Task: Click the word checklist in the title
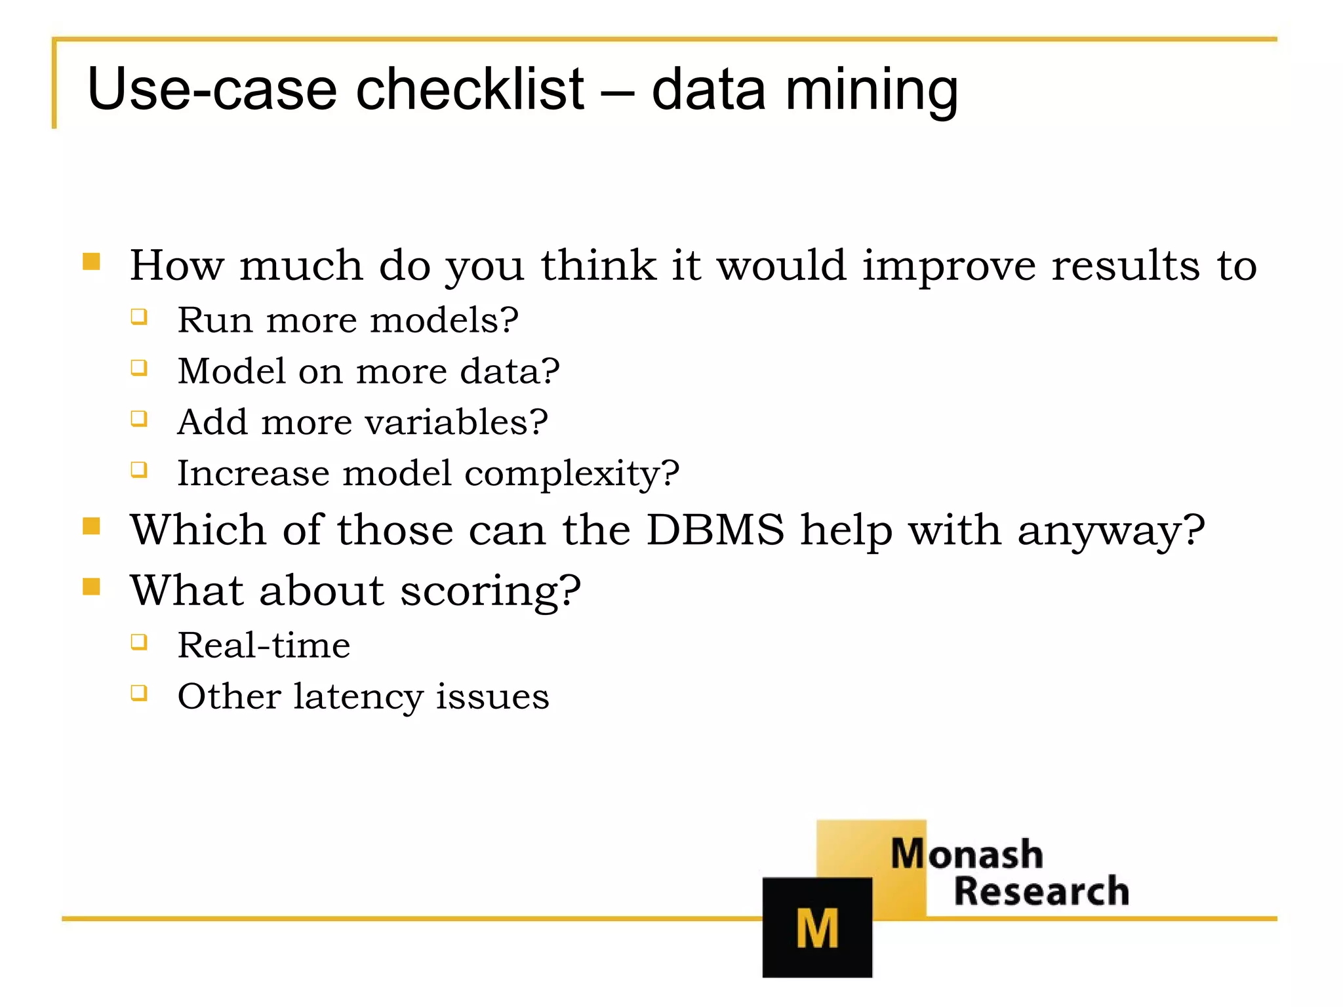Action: pyautogui.click(x=470, y=89)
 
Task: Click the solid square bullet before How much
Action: pyautogui.click(x=91, y=262)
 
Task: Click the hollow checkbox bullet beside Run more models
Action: pyautogui.click(x=138, y=317)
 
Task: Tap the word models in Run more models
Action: pyautogui.click(x=444, y=321)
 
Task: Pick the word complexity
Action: pyautogui.click(x=572, y=474)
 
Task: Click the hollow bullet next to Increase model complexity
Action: pyautogui.click(x=138, y=469)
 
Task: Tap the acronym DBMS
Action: pyautogui.click(x=715, y=530)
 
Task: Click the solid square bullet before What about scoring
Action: pyautogui.click(x=91, y=586)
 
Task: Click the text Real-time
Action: pyautogui.click(x=264, y=645)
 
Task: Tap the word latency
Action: pyautogui.click(x=357, y=697)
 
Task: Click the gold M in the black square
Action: pyautogui.click(x=817, y=928)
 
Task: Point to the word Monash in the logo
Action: pyautogui.click(x=966, y=854)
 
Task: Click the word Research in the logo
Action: pyautogui.click(x=1041, y=892)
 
